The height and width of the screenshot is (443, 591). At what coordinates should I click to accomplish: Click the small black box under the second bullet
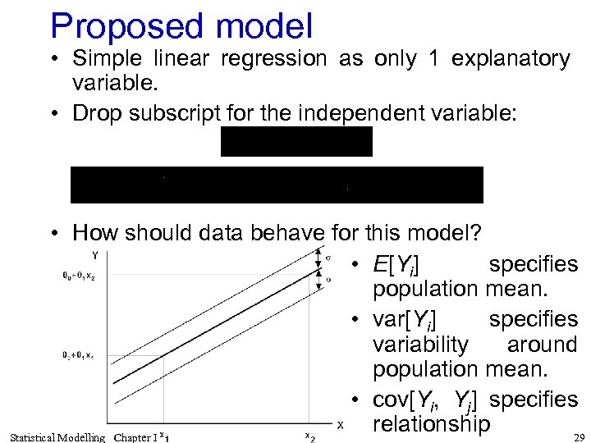296,141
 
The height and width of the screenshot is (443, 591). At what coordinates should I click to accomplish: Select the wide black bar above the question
277,185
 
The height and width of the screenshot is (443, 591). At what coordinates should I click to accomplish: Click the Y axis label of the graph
95,254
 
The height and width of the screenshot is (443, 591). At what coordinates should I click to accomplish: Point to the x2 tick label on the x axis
309,437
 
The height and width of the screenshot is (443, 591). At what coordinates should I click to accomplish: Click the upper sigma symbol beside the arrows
328,258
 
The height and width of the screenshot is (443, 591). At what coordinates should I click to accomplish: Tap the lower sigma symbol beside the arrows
328,280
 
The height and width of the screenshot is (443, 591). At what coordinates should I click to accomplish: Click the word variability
420,345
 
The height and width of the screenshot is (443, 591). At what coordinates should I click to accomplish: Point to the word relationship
431,424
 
